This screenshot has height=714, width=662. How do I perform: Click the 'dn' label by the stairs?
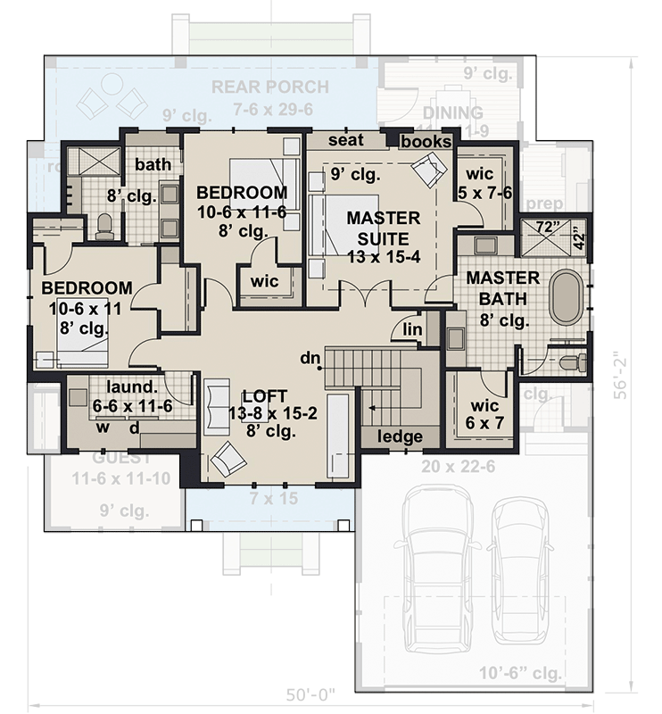click(310, 359)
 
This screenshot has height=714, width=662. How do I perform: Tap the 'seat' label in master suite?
click(344, 141)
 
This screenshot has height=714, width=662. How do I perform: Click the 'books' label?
click(426, 142)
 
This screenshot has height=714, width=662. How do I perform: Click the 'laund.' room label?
click(131, 387)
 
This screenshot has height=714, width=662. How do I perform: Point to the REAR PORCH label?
click(271, 87)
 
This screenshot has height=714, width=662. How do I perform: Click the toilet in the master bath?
click(571, 362)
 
